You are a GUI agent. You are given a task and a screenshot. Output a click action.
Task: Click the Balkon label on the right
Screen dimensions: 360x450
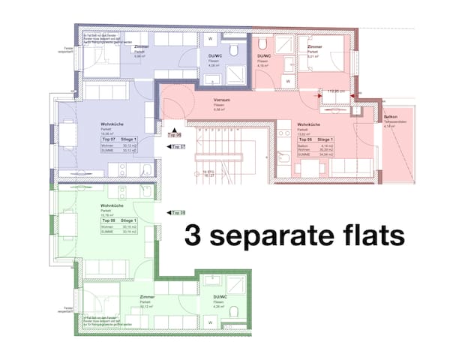(x=391, y=118)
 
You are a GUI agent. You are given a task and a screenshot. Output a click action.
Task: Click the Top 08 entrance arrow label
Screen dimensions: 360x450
(x=178, y=214)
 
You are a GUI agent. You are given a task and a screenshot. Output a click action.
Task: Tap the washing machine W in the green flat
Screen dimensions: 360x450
(x=211, y=324)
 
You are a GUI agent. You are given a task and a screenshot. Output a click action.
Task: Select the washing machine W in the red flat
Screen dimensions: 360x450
(x=286, y=35)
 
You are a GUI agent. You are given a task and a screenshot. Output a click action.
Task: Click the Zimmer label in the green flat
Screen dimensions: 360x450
(x=147, y=297)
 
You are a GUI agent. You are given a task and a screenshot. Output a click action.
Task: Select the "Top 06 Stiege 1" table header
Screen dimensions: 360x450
(x=315, y=139)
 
